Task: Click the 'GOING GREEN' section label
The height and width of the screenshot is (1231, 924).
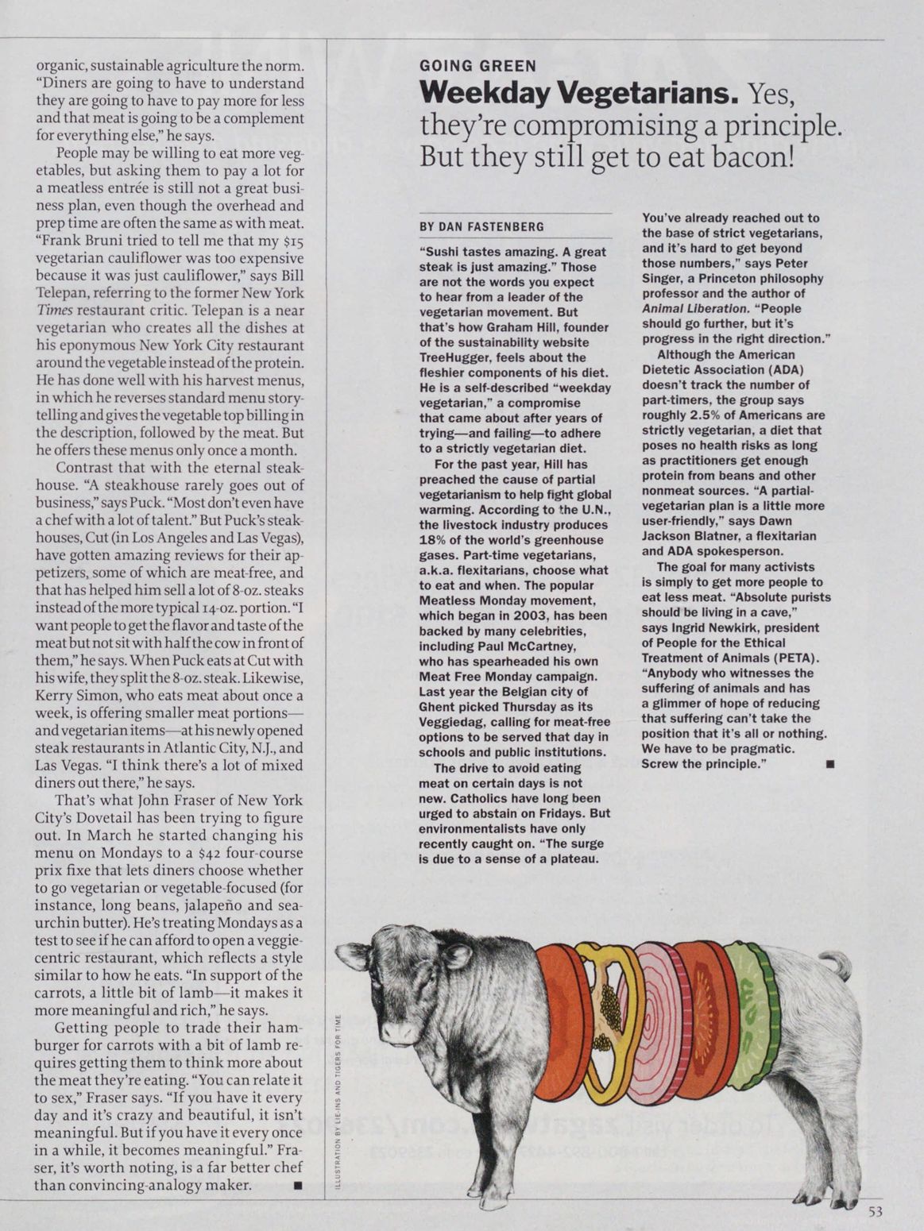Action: click(x=477, y=67)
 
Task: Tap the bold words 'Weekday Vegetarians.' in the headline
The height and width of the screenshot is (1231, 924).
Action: click(x=576, y=95)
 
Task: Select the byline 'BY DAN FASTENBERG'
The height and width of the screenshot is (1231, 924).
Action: click(x=481, y=227)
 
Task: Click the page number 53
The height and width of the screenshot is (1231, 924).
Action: click(x=876, y=1211)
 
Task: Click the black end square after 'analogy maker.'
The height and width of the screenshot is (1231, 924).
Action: click(x=298, y=1186)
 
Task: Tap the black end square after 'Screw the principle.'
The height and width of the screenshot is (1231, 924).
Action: click(x=829, y=764)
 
